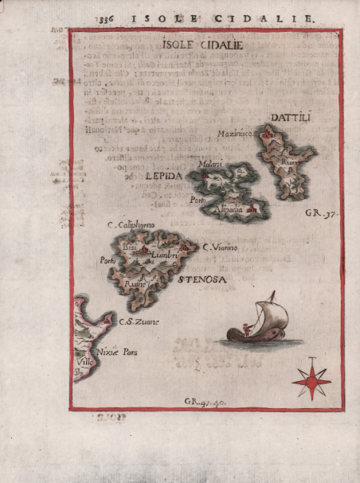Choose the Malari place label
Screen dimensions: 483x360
coord(210,164)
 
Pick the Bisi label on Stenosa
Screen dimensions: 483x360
coord(130,248)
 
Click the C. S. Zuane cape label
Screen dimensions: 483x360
coord(139,321)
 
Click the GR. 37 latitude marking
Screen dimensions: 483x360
coord(318,214)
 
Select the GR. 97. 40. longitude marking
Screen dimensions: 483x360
coord(205,403)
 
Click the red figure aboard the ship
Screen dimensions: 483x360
coord(245,329)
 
